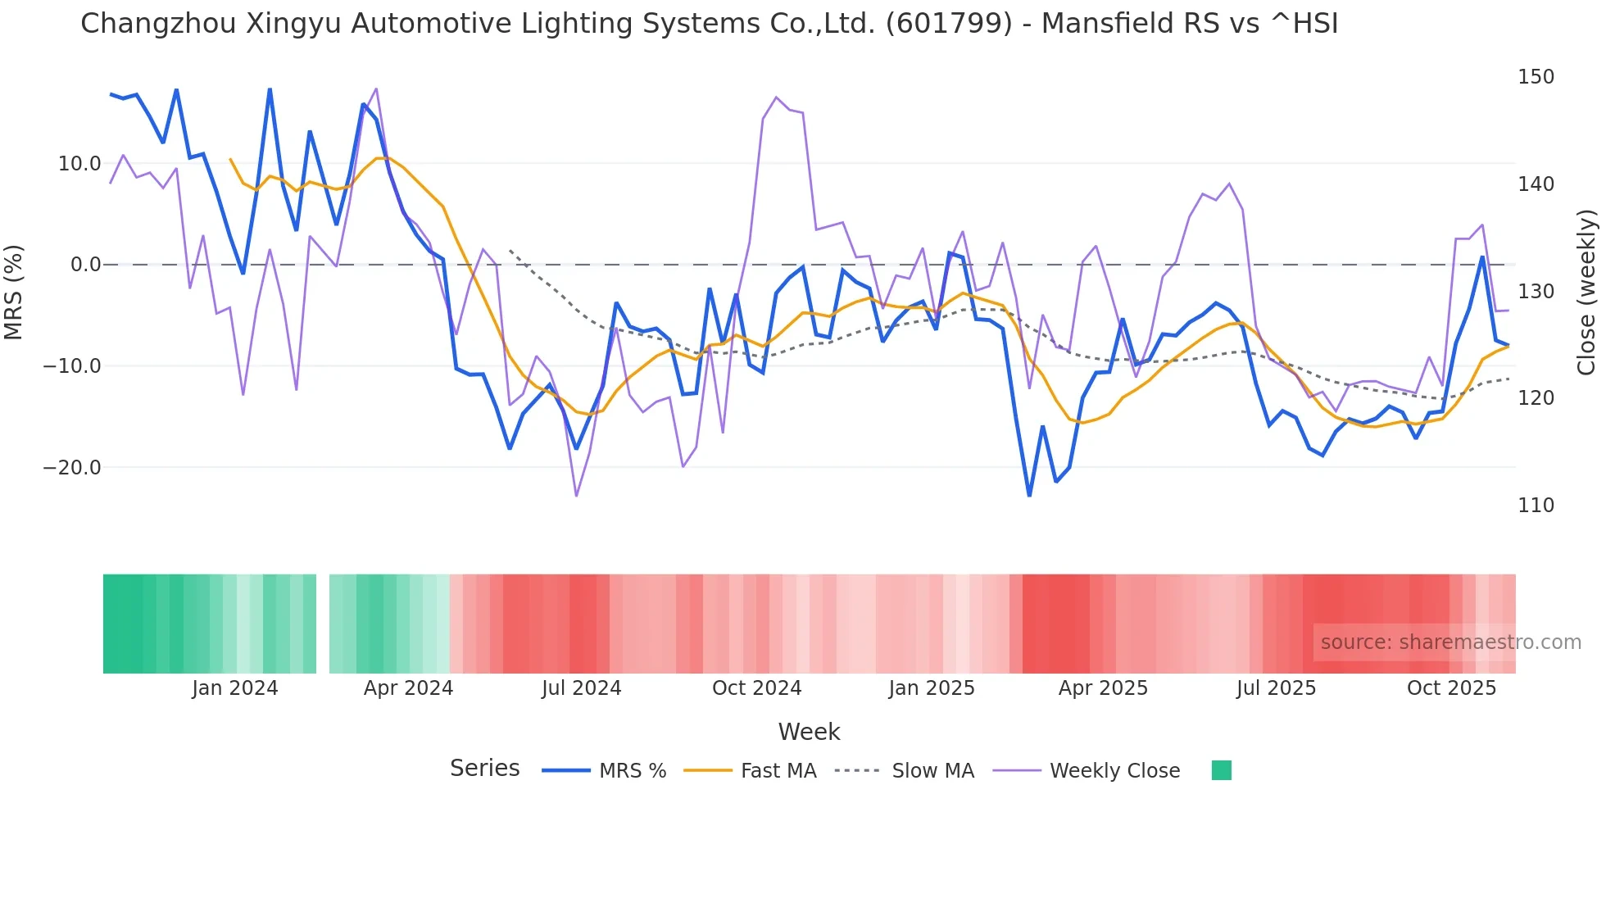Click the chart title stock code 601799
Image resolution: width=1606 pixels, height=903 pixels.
(x=949, y=24)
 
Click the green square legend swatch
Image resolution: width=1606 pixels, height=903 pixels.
(x=1221, y=770)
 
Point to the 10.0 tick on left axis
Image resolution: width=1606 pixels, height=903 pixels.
(x=79, y=164)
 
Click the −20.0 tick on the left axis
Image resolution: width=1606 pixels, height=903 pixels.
(x=72, y=468)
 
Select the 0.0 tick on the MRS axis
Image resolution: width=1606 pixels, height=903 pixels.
(x=85, y=265)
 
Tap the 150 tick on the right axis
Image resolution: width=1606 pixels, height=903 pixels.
(x=1536, y=77)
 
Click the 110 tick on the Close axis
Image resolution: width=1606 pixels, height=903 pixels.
(x=1536, y=506)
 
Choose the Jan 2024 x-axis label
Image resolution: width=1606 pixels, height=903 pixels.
(x=235, y=688)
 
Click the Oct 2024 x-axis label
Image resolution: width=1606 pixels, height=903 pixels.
(x=756, y=688)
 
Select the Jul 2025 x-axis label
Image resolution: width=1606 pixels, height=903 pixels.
(x=1276, y=688)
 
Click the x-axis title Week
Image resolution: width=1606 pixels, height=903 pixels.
(x=809, y=732)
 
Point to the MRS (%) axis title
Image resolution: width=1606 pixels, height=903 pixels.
(x=14, y=292)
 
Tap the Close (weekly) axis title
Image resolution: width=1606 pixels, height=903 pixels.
(x=1587, y=292)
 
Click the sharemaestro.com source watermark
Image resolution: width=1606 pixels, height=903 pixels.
(x=1450, y=642)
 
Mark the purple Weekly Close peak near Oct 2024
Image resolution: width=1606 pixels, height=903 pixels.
(x=776, y=98)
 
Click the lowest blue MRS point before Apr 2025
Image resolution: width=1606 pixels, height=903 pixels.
(x=1029, y=495)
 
